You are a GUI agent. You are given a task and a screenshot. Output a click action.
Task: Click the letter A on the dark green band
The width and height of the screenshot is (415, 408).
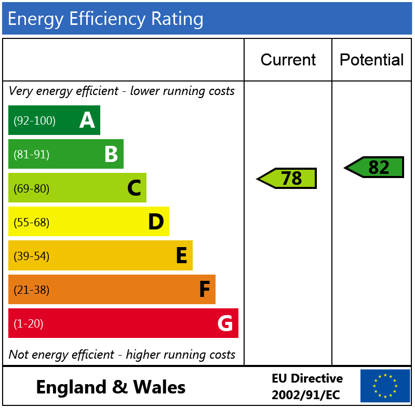(87, 120)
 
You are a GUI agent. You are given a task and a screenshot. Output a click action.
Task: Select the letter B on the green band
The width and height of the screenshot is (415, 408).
(111, 154)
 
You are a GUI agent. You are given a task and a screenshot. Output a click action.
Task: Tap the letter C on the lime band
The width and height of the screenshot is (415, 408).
(134, 188)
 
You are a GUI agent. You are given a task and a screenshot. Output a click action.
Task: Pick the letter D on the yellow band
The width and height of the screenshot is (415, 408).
(156, 222)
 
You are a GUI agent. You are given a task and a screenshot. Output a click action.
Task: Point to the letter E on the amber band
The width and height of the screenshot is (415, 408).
(181, 256)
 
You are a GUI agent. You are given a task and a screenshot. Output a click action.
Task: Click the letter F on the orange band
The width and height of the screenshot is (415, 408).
(205, 290)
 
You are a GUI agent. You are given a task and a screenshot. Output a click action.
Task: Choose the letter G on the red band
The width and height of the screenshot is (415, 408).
(225, 323)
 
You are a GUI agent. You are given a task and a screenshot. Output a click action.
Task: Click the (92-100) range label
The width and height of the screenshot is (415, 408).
(34, 121)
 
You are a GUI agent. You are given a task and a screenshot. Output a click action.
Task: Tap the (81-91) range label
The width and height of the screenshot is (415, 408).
(31, 155)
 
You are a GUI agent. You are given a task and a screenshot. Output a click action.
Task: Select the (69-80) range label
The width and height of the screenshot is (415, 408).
(31, 188)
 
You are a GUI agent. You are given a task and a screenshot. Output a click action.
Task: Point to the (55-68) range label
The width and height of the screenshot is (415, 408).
(31, 223)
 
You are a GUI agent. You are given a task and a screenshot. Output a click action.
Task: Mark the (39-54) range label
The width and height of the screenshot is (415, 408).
(31, 256)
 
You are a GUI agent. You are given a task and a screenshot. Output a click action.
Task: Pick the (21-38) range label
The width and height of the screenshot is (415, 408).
(31, 290)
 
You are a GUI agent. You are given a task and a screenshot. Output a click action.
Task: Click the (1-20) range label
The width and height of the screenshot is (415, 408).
(29, 324)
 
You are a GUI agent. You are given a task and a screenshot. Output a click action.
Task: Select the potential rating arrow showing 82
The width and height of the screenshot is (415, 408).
(374, 167)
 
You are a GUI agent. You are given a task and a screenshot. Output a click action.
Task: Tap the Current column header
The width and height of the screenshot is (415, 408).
(288, 60)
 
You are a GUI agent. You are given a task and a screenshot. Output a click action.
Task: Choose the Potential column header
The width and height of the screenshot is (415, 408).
(371, 60)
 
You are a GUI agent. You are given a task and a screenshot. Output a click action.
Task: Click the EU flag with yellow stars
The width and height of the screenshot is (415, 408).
(385, 386)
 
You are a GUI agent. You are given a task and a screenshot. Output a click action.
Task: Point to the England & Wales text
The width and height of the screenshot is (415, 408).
(111, 387)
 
